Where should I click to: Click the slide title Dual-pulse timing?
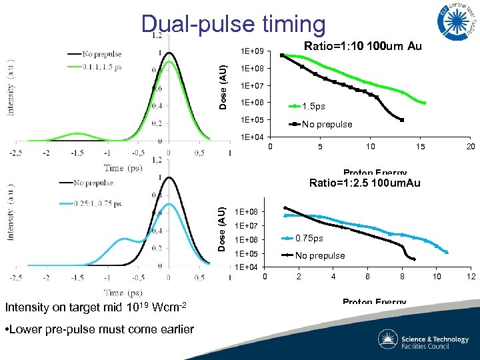(x=233, y=23)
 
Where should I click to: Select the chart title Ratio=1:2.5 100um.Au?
(x=365, y=183)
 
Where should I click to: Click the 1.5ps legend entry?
(x=313, y=107)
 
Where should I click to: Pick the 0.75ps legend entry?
(x=309, y=239)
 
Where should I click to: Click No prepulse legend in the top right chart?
(x=327, y=124)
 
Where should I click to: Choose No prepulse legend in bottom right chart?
(x=320, y=255)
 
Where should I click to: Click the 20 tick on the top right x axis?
(x=470, y=147)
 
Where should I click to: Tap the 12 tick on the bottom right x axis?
(x=470, y=277)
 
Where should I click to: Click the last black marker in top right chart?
(x=402, y=120)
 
